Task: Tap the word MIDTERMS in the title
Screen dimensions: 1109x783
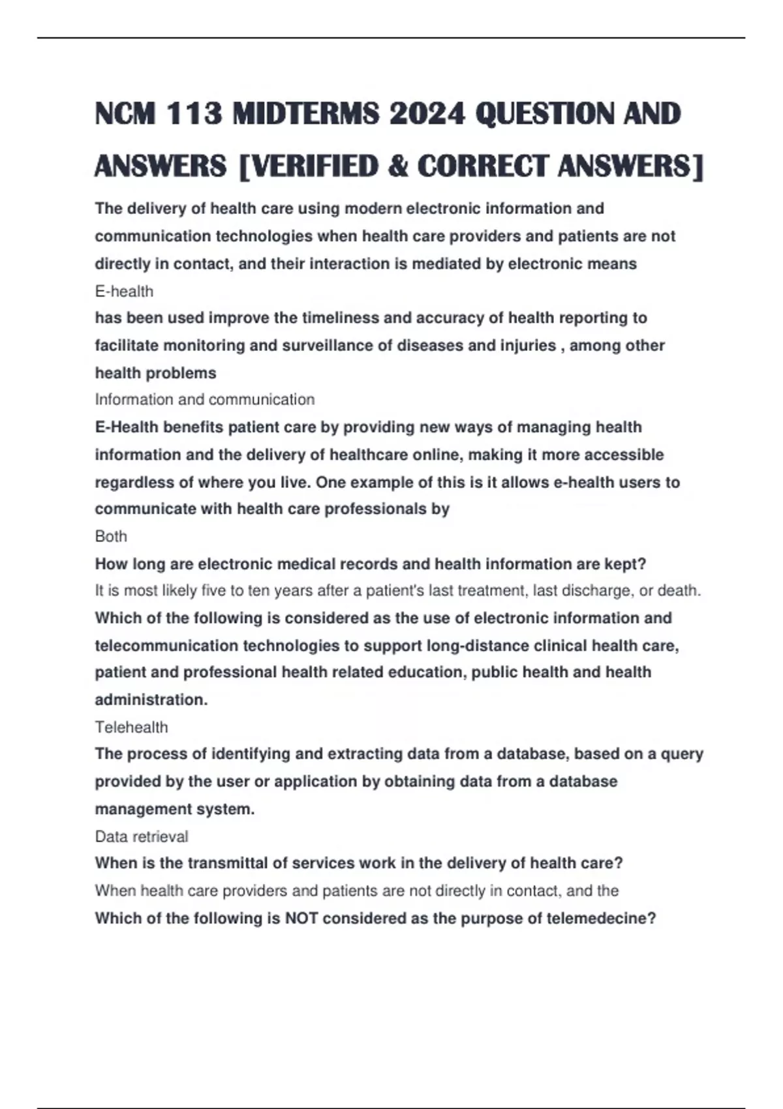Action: click(305, 114)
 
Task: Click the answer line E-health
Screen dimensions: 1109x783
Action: click(124, 291)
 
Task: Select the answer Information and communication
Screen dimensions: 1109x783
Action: click(204, 399)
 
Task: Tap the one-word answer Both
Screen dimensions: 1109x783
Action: click(111, 536)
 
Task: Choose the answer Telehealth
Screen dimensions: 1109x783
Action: click(131, 727)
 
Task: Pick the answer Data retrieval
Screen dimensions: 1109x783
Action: click(141, 836)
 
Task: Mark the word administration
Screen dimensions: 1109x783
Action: click(151, 700)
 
